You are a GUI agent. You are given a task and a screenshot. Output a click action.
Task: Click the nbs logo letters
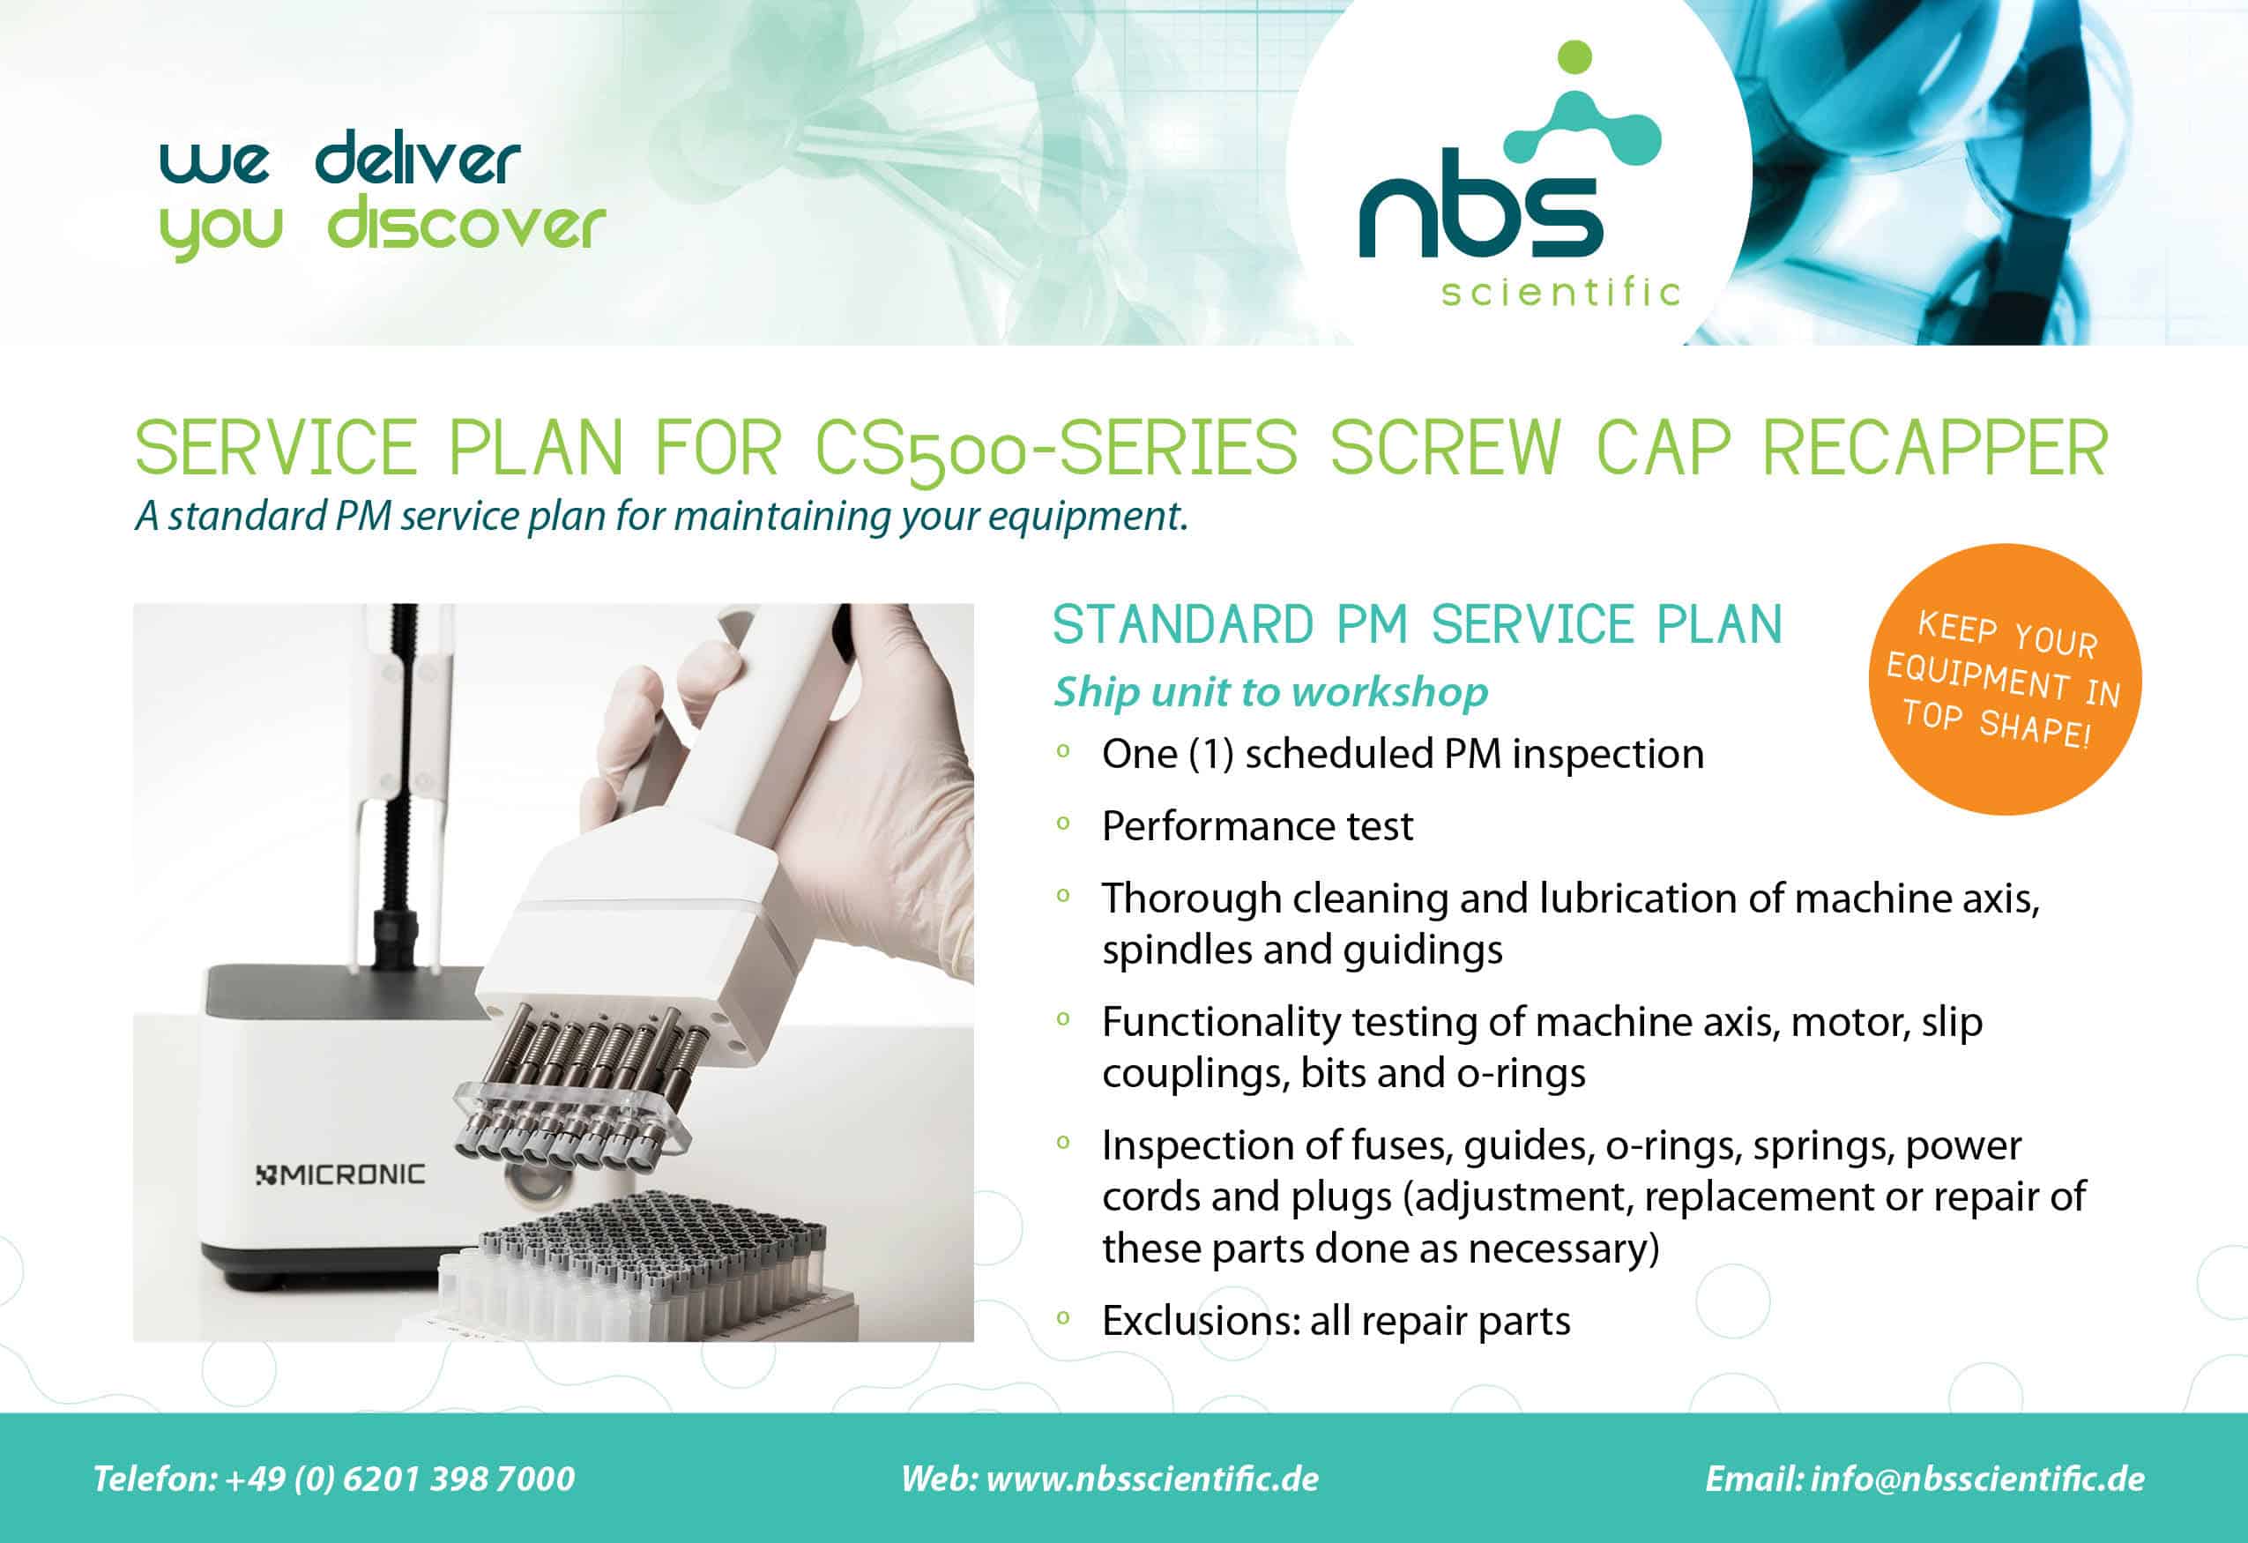pos(1480,216)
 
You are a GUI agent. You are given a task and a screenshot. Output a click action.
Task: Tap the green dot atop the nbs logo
pos(1575,56)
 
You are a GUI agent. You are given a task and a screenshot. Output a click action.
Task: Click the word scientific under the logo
pos(1561,291)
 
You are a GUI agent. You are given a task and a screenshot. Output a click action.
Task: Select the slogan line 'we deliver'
pos(340,160)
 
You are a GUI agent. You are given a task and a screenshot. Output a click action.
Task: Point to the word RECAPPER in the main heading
pos(1934,448)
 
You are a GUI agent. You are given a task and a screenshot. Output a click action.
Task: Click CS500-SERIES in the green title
pos(1056,450)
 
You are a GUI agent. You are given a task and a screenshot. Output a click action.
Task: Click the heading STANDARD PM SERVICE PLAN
pos(1417,625)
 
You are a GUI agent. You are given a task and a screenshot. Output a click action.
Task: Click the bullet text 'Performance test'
pos(1257,826)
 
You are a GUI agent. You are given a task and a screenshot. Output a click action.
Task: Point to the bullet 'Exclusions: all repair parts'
pos(1336,1321)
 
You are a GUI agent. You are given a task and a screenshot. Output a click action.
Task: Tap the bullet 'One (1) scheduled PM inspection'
pos(1403,755)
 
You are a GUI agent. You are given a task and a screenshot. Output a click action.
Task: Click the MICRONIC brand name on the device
pos(340,1174)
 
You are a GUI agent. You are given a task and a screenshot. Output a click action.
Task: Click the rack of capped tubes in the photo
pos(648,1267)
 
